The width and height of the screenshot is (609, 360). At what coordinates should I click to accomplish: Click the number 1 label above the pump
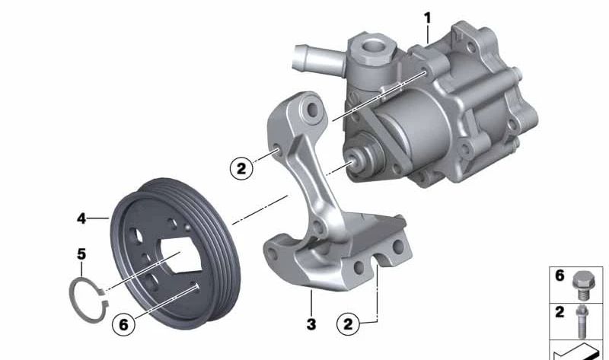click(427, 18)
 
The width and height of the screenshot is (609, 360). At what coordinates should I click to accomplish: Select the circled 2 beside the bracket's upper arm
click(241, 168)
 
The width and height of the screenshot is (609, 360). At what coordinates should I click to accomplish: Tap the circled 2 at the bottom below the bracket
click(349, 325)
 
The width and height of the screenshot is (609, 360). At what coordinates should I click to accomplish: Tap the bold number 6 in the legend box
click(560, 276)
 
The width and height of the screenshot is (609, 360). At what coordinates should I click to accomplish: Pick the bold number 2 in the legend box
click(560, 311)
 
